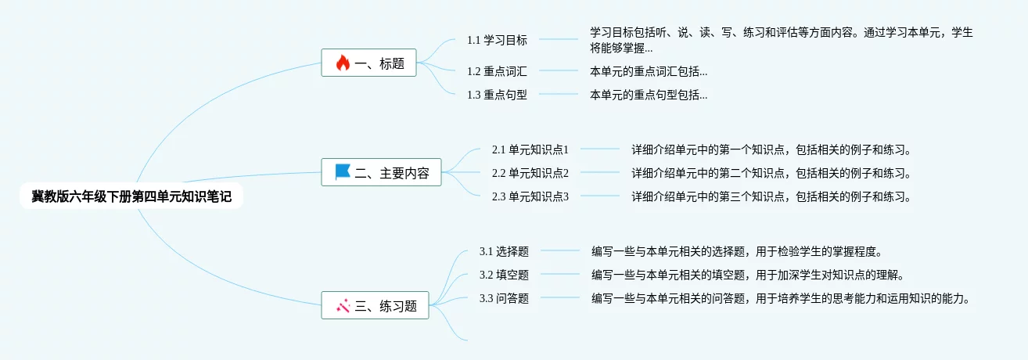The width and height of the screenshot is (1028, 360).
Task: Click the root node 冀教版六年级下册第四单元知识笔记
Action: (131, 196)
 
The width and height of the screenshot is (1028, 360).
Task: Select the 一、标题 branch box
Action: (368, 63)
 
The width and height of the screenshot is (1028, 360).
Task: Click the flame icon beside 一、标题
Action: (343, 63)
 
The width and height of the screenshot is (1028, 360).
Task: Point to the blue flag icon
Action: (343, 172)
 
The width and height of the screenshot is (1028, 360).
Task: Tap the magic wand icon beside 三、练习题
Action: (343, 306)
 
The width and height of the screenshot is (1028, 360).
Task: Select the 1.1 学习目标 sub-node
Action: (497, 40)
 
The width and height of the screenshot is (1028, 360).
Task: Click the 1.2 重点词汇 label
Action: (497, 71)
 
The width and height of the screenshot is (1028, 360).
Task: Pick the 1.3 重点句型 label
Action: (497, 95)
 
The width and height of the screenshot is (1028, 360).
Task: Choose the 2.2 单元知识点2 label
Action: (530, 173)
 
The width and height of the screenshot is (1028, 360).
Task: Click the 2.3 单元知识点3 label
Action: (530, 196)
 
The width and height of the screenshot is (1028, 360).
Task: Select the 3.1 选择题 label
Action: (504, 251)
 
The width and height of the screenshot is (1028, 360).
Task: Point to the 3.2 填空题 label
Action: (504, 275)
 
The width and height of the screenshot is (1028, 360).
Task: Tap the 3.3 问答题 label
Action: (504, 298)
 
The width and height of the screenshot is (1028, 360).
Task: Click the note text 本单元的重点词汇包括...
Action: (649, 71)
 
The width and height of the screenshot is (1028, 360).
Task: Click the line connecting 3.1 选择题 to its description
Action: (560, 251)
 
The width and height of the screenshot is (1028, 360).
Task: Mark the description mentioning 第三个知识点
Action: (771, 196)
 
